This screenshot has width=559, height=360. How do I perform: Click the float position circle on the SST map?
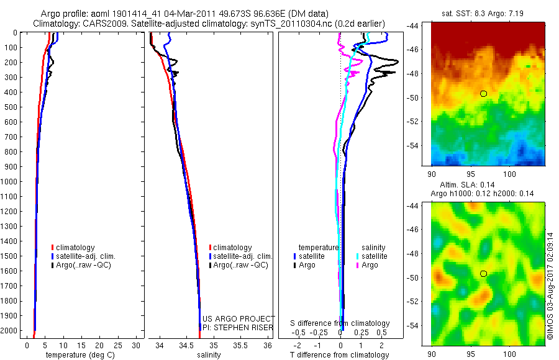[x=483, y=93]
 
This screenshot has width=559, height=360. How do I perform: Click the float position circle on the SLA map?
[x=483, y=273]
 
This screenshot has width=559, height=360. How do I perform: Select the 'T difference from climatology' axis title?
[x=340, y=355]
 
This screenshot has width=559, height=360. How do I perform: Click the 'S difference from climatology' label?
[x=340, y=323]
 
